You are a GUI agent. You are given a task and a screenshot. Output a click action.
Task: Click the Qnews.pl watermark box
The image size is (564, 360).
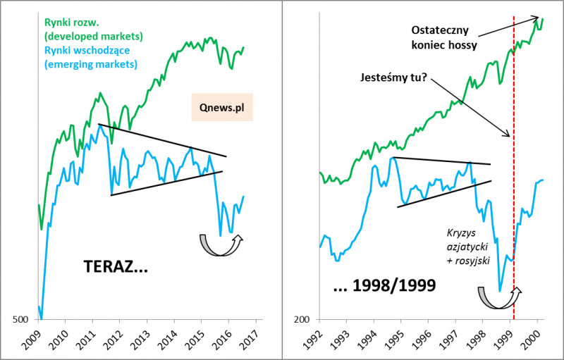(221, 109)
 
